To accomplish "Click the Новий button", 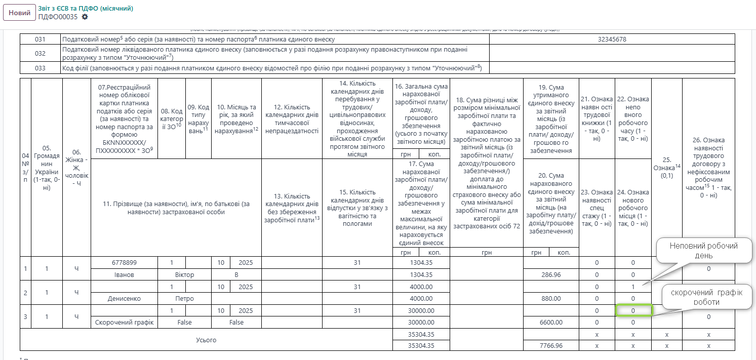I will click(19, 13).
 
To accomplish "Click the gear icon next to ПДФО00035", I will click(85, 17).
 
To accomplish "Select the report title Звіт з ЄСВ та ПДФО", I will click(86, 9).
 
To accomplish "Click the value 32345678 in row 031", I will click(612, 39).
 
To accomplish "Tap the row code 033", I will click(41, 68).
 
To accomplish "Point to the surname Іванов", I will click(124, 274).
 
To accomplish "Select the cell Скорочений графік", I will click(124, 322).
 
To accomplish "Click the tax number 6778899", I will click(124, 263).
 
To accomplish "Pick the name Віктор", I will click(184, 274).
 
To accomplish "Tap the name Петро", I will click(184, 299).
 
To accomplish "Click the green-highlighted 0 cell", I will click(632, 310).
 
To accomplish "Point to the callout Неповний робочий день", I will click(703, 250).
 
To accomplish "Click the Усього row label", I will click(206, 340).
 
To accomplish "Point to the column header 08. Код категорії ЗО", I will click(172, 118).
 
